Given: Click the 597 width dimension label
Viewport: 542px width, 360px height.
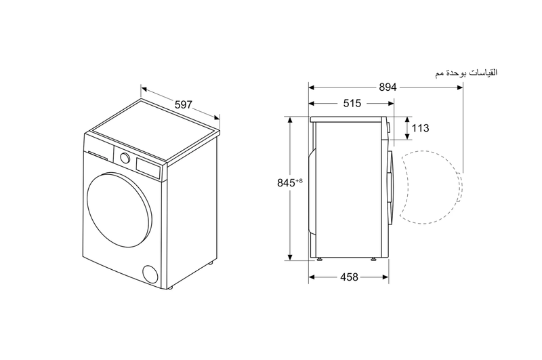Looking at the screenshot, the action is pyautogui.click(x=183, y=104).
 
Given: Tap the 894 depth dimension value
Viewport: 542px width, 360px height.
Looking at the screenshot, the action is pyautogui.click(x=388, y=87).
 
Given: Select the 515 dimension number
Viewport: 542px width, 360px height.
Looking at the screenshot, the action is pyautogui.click(x=352, y=103).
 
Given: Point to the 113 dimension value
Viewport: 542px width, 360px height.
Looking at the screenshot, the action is pyautogui.click(x=420, y=128).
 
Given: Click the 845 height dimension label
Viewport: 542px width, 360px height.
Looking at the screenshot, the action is pyautogui.click(x=286, y=182).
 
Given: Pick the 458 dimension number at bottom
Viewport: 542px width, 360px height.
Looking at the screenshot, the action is pyautogui.click(x=349, y=277).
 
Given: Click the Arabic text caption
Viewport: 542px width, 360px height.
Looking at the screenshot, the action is pyautogui.click(x=466, y=73).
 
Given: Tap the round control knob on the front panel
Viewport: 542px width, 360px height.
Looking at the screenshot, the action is pyautogui.click(x=125, y=157).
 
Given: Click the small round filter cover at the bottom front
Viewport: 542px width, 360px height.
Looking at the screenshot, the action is pyautogui.click(x=150, y=274).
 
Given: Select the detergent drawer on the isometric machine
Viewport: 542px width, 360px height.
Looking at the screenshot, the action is pyautogui.click(x=98, y=155).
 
